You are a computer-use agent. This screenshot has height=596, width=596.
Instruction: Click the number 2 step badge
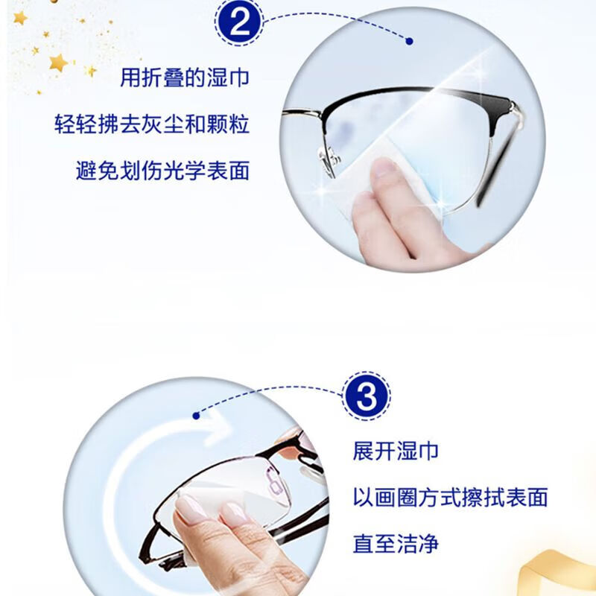239,23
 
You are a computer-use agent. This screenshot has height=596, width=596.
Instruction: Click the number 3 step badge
367,396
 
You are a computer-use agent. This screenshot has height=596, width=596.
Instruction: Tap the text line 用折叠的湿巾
185,77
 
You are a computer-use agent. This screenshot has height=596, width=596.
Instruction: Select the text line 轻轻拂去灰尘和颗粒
152,124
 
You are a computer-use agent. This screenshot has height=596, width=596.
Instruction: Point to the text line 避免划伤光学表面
162,171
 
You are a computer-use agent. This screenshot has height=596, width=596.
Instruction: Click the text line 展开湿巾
396,451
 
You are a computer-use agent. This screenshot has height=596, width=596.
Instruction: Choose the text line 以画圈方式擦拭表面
450,497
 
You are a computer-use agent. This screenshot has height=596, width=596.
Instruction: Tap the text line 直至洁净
396,544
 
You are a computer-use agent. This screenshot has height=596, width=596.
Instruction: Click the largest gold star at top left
58,63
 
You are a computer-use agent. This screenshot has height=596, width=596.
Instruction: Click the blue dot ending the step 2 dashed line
409,41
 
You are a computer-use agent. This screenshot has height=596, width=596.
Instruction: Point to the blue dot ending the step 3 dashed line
196,416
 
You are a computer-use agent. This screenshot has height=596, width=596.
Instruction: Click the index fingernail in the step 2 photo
384,168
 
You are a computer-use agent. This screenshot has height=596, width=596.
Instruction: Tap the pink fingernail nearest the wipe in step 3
191,509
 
